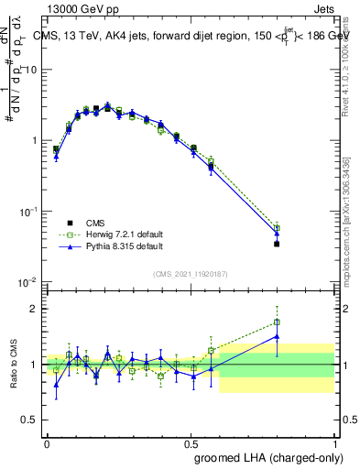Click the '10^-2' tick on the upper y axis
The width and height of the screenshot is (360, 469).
point(28,281)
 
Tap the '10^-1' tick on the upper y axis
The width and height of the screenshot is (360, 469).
point(28,211)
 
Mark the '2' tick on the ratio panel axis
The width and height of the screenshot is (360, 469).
point(34,309)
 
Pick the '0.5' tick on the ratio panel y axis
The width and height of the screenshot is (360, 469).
point(30,420)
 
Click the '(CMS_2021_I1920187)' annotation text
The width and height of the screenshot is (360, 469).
point(191,273)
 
